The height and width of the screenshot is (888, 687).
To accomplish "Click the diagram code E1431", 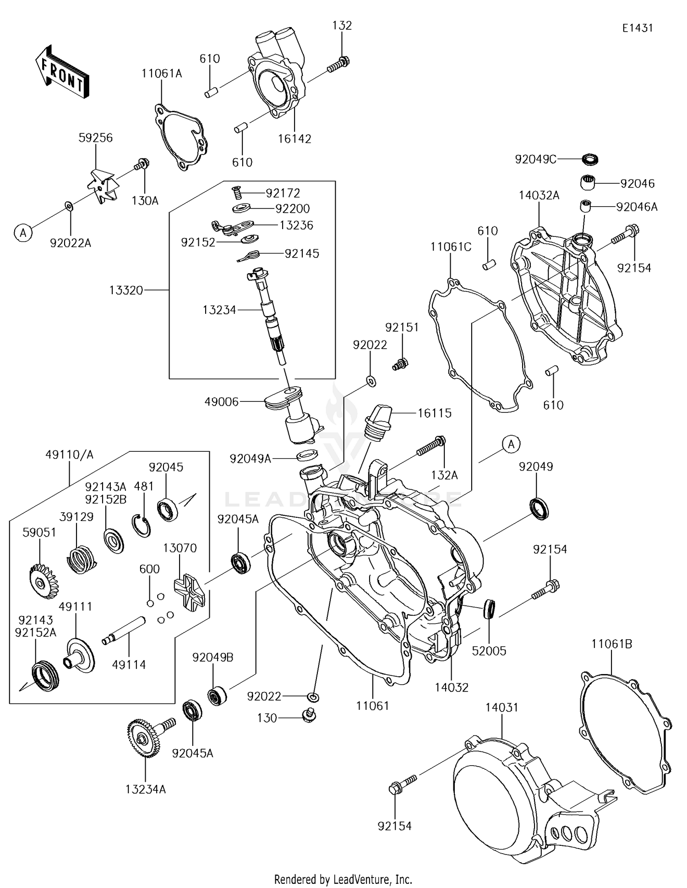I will pos(637,28).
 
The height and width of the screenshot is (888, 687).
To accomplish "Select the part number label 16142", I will pos(294,138).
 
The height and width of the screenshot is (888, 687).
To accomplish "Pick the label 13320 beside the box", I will pos(126,290).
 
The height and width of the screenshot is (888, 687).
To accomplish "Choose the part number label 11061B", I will pos(611,644).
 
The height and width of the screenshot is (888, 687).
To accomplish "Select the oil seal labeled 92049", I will pos(540,508).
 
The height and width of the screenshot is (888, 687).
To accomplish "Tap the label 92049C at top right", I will pos(535,159).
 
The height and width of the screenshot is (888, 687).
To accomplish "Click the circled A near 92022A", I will pos(23,233).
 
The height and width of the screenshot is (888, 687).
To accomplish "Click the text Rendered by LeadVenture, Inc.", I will pos(343,879).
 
